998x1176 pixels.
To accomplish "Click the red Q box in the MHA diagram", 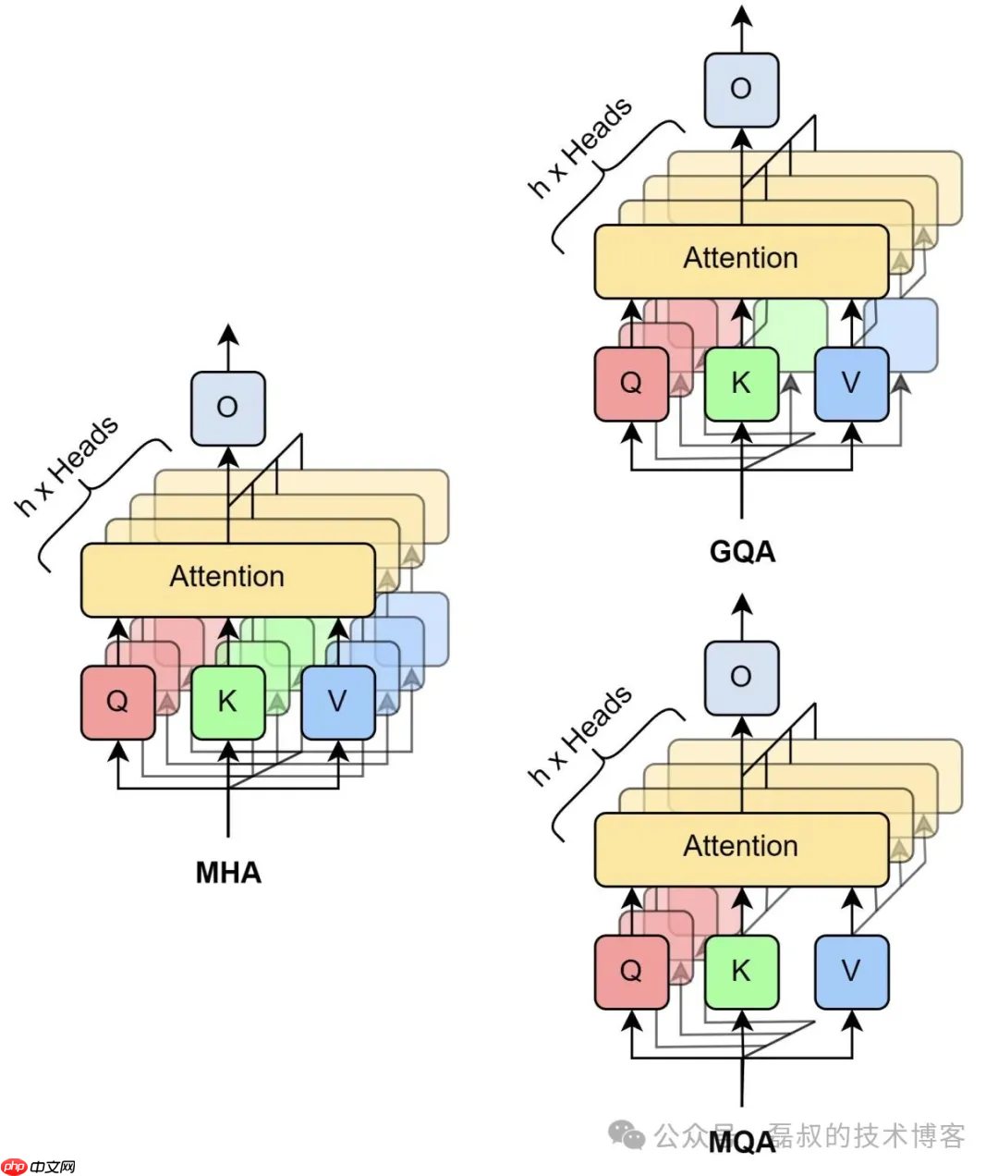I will coord(117,703).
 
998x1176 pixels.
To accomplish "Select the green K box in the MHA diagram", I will coord(227,703).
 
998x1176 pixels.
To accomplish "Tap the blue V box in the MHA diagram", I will coord(338,703).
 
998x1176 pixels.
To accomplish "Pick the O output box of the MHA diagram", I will coord(227,408).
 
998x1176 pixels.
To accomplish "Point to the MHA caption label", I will coord(228,873).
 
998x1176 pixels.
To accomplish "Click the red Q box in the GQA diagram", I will coord(631,384).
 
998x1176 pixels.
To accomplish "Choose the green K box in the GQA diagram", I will coord(741,384).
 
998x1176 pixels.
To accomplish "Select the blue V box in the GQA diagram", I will coord(851,384).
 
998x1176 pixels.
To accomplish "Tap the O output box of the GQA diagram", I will coord(741,89).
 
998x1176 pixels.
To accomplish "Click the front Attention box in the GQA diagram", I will coord(741,260).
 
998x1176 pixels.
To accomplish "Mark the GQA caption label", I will coord(742,552).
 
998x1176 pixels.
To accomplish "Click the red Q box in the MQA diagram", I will coord(631,972).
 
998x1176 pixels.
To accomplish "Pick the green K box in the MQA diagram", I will coord(741,972).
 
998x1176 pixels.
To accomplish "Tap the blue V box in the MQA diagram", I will coord(851,972).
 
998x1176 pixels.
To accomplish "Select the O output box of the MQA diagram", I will coord(741,678).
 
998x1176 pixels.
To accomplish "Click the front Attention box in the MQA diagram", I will coord(741,848).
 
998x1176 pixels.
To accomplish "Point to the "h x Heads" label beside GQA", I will coord(580,148).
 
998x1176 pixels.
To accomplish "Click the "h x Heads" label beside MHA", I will coord(67,466).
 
